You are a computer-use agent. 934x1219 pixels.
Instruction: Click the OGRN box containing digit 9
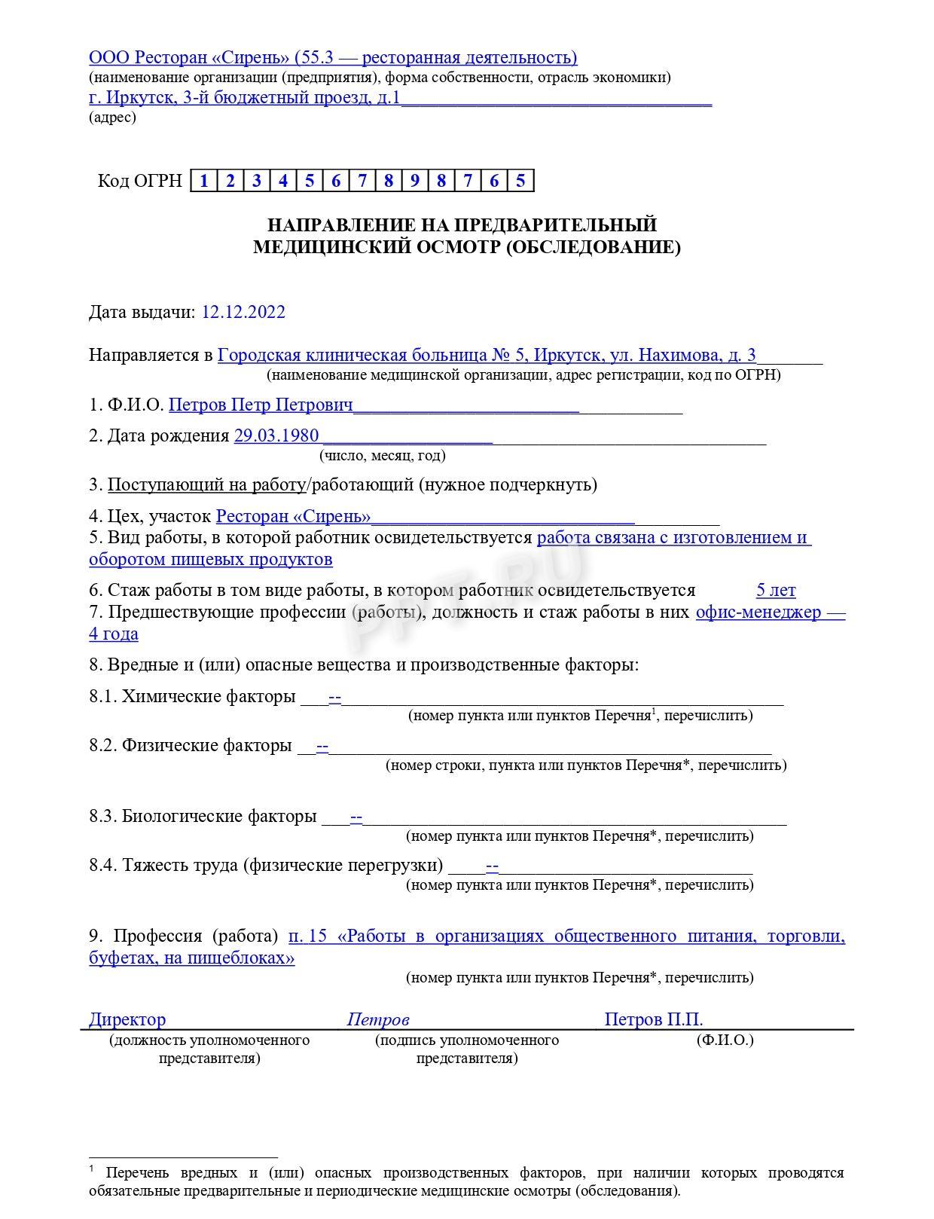point(415,181)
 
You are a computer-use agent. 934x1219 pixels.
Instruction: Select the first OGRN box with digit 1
point(203,181)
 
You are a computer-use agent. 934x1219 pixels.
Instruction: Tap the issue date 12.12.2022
point(243,312)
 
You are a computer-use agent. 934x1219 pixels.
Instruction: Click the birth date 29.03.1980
point(276,435)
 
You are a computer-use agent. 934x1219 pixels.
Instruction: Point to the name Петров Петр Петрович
point(261,405)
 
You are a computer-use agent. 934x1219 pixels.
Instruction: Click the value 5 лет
point(775,591)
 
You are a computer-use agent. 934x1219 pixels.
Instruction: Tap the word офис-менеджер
point(758,612)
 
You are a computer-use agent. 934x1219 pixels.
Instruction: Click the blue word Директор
point(127,1020)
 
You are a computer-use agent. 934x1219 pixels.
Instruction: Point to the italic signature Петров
point(377,1020)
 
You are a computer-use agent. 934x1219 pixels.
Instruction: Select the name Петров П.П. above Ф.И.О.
point(653,1020)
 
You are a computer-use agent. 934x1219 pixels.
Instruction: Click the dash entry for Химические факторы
point(335,697)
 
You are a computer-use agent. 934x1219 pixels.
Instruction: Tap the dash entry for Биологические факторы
point(356,817)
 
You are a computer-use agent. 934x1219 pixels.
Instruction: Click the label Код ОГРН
point(139,181)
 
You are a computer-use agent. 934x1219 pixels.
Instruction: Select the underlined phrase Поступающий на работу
point(205,484)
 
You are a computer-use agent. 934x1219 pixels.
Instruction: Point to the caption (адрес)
point(112,118)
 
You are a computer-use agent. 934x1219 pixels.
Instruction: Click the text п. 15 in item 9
point(307,936)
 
